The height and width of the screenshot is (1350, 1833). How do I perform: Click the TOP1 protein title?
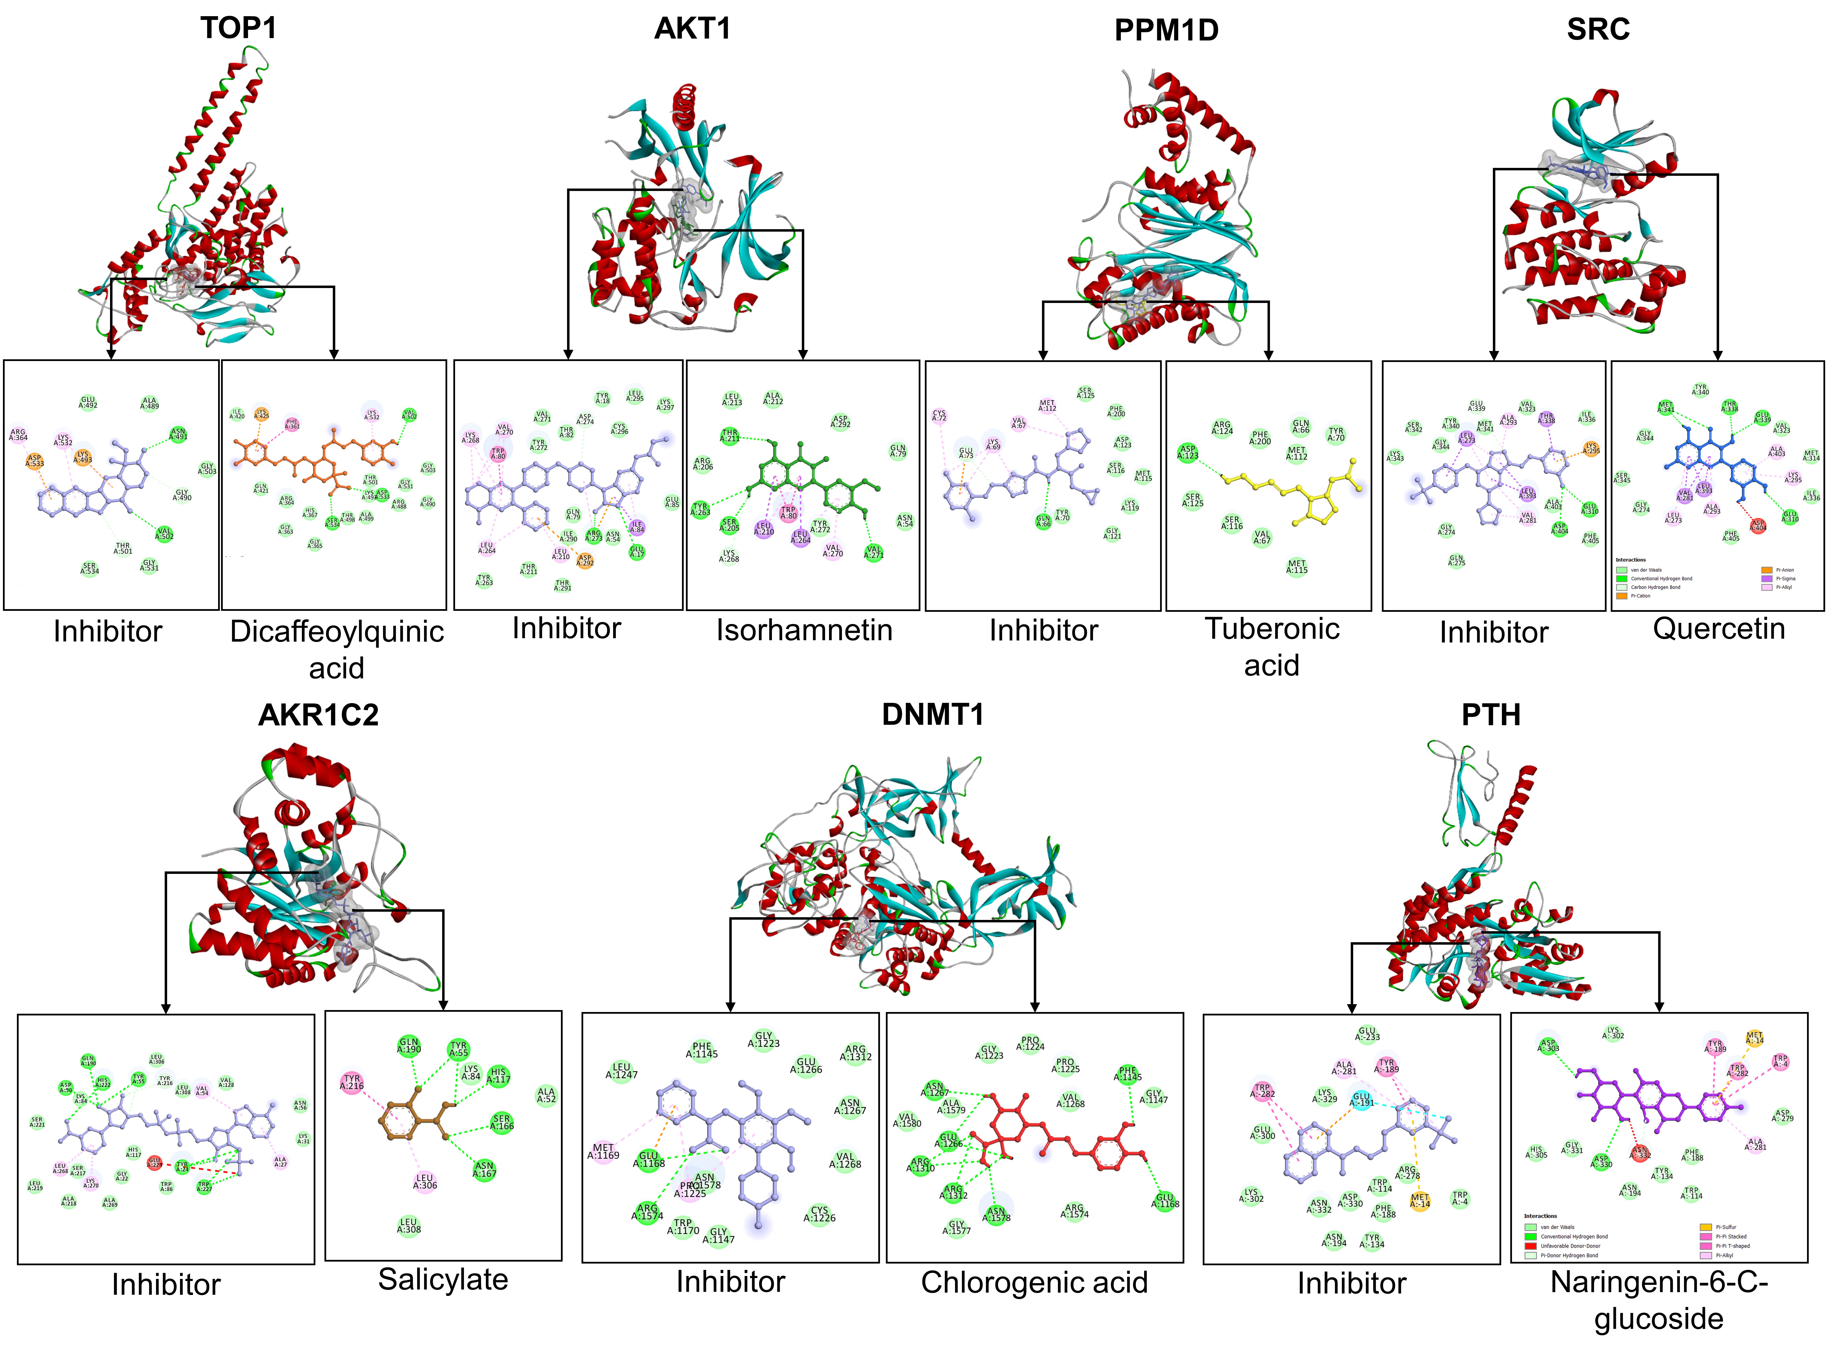[x=239, y=29]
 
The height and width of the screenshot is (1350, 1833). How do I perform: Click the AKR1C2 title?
[x=318, y=715]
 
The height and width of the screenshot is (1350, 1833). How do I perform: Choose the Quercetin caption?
[x=1719, y=628]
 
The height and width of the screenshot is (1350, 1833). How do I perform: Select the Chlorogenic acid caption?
[x=1034, y=1282]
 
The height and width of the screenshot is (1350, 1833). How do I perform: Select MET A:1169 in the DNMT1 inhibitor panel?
[x=603, y=1151]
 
